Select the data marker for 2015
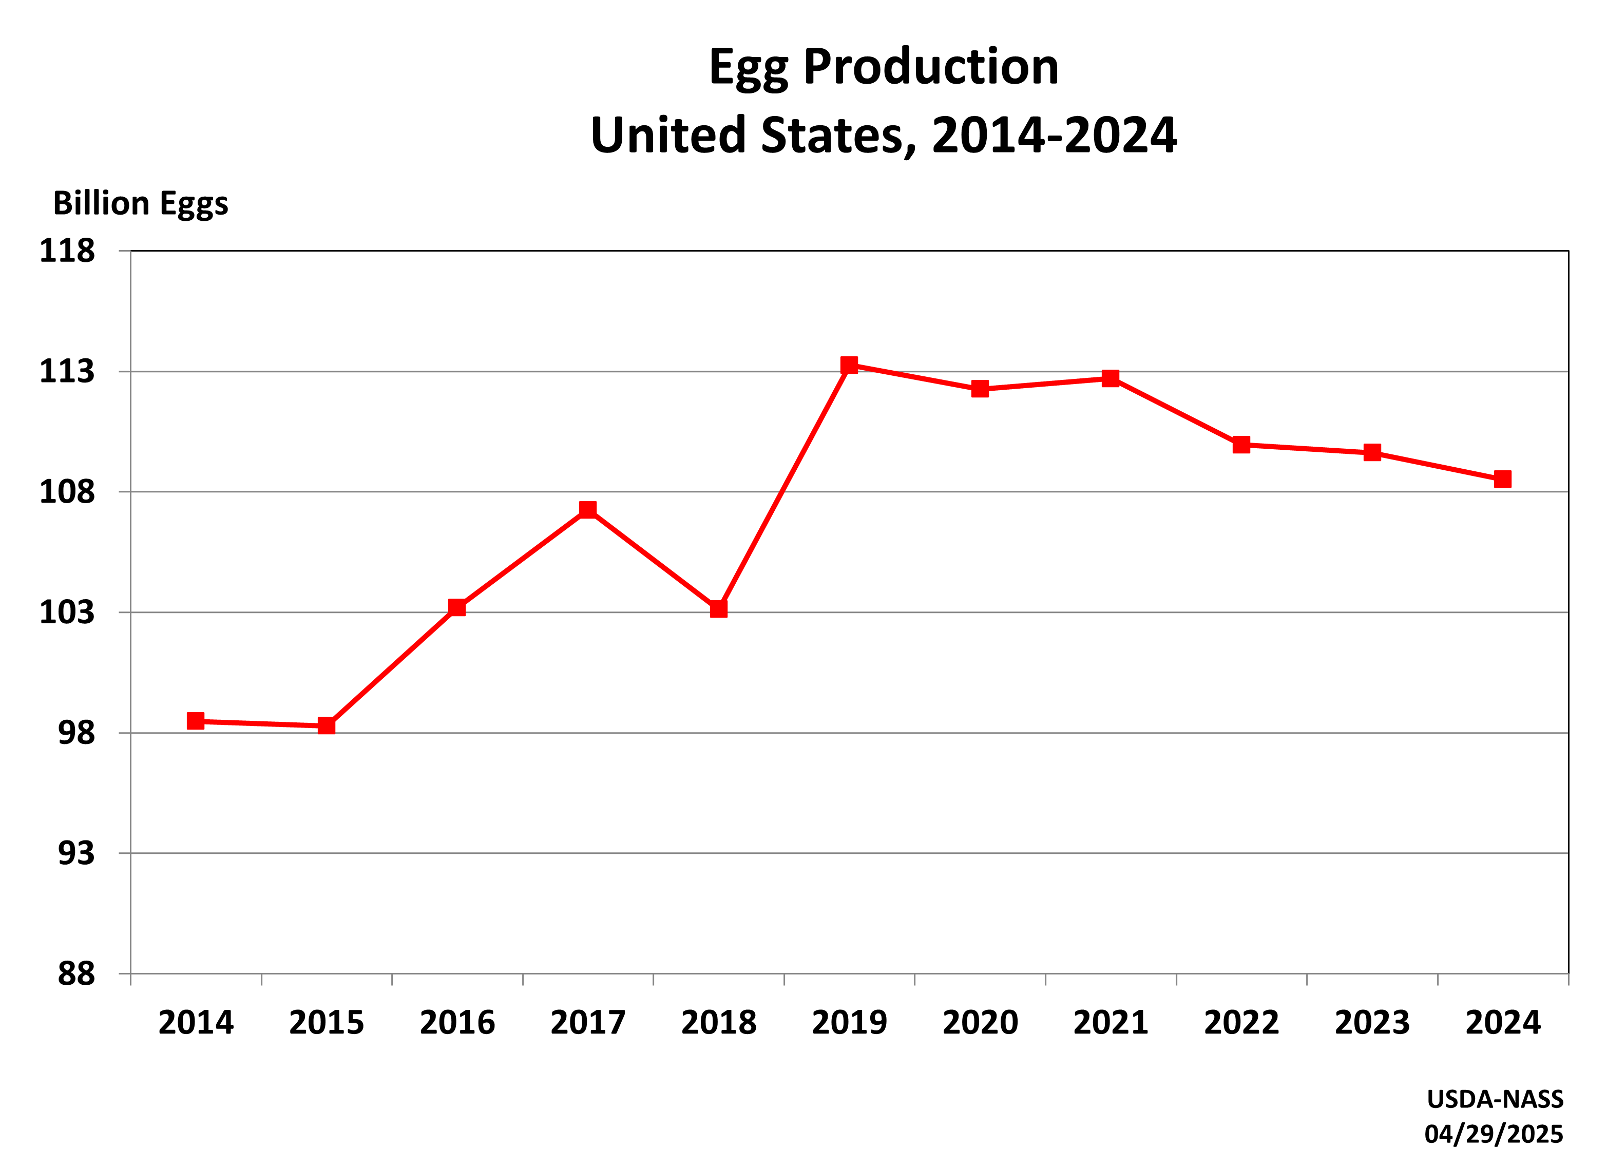(326, 725)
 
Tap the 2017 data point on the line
(587, 509)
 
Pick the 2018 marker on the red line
(718, 608)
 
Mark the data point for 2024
(1502, 479)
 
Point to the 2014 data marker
(196, 721)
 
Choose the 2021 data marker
(1111, 378)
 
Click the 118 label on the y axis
(67, 251)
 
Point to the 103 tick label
(67, 612)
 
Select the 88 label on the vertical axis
(76, 974)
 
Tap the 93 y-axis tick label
(76, 853)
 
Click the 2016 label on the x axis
(457, 1022)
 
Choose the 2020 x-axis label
(980, 1022)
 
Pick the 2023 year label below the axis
(1372, 1022)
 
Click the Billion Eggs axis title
(140, 204)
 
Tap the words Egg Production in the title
(884, 67)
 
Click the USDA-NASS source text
(1495, 1099)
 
